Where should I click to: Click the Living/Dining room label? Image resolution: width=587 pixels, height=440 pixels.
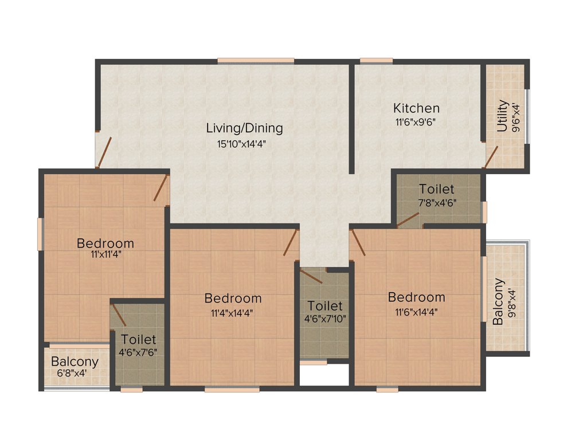[244, 128]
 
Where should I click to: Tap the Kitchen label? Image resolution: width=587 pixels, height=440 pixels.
[416, 108]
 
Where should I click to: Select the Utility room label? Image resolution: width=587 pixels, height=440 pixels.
[502, 116]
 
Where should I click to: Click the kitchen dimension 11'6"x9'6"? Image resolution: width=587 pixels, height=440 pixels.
[417, 121]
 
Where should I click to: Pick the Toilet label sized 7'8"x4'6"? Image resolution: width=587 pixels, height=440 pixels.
[436, 189]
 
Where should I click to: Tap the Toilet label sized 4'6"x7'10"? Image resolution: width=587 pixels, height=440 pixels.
[324, 306]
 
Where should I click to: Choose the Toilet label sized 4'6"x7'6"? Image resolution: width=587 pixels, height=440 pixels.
[138, 340]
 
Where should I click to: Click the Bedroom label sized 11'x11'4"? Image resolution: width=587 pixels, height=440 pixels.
[105, 243]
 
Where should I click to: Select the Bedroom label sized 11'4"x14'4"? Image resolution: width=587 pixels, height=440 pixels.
[233, 298]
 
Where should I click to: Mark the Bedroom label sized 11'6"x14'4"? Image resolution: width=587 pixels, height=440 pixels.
[416, 297]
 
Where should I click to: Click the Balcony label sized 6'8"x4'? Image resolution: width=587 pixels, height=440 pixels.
[75, 362]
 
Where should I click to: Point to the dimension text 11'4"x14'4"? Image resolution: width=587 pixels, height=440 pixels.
[232, 313]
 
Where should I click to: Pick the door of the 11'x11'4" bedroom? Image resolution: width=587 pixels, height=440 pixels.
[161, 188]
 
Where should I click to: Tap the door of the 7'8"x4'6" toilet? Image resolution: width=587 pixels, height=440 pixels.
[408, 219]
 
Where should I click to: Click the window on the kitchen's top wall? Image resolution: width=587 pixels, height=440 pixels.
[376, 60]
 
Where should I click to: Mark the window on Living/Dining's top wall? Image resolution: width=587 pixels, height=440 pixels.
[256, 60]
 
